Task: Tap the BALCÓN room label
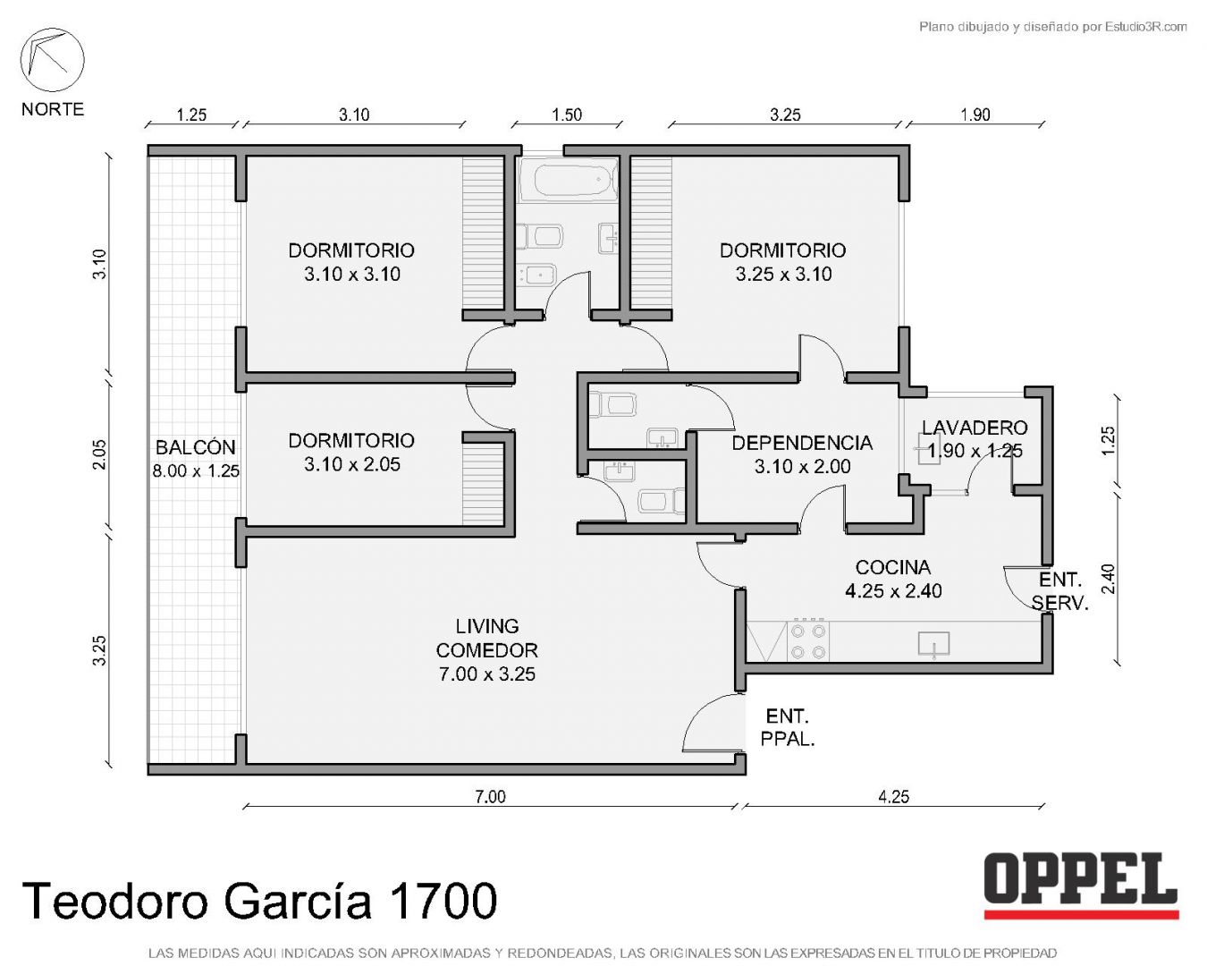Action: pos(195,447)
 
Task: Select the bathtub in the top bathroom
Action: pos(569,179)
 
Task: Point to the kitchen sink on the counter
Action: pos(933,644)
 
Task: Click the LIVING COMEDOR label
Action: pos(487,638)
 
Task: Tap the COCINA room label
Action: pos(893,567)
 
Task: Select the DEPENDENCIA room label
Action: pos(802,444)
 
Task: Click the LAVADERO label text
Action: pos(975,428)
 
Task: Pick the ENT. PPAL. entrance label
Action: pos(788,728)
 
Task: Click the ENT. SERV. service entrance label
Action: pos(1060,591)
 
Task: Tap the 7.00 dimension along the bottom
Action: pos(490,796)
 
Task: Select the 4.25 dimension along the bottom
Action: pos(893,796)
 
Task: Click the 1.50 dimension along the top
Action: pos(567,114)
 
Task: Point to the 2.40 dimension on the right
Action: pos(1109,578)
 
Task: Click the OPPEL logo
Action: pos(1081,886)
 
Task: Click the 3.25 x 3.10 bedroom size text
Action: pos(783,275)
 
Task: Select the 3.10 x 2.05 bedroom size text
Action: pos(352,465)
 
